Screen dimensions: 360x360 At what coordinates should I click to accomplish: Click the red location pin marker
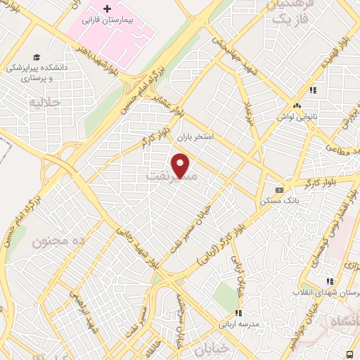182,166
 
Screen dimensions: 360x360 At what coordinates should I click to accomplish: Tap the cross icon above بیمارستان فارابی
107,9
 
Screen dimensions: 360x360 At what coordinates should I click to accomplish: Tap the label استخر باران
194,136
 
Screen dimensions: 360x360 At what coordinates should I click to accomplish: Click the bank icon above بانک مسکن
280,190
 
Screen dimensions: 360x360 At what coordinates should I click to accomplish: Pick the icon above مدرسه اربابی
238,313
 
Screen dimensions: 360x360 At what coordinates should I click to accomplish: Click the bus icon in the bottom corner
350,354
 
